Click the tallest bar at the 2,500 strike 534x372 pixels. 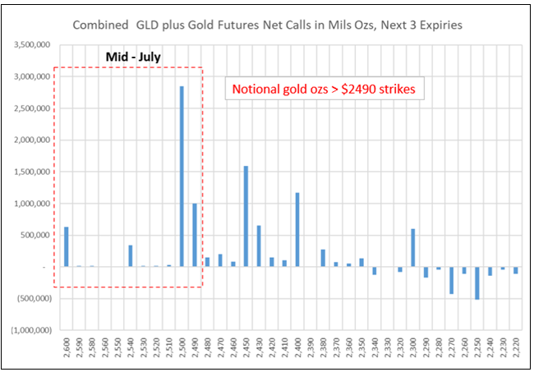tap(182, 176)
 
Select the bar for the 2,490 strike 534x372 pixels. tap(195, 235)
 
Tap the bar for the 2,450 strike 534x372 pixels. tap(246, 216)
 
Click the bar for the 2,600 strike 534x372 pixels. tap(66, 246)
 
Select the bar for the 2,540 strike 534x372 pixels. tap(130, 255)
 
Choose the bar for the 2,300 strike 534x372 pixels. tap(413, 247)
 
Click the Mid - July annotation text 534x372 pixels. tap(132, 57)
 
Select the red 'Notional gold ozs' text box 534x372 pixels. tap(325, 89)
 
